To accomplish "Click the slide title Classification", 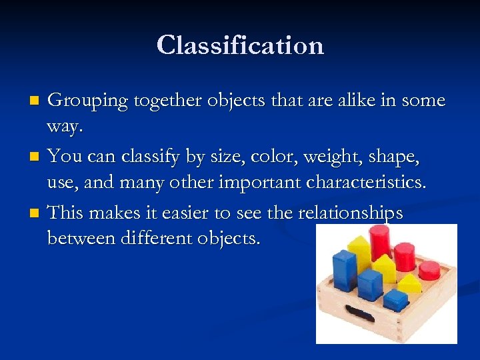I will coord(240,45).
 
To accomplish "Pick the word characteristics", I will coord(359,182).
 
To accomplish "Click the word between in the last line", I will coord(84,238).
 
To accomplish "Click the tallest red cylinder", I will coord(380,241).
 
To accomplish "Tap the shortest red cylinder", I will coord(429,270).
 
